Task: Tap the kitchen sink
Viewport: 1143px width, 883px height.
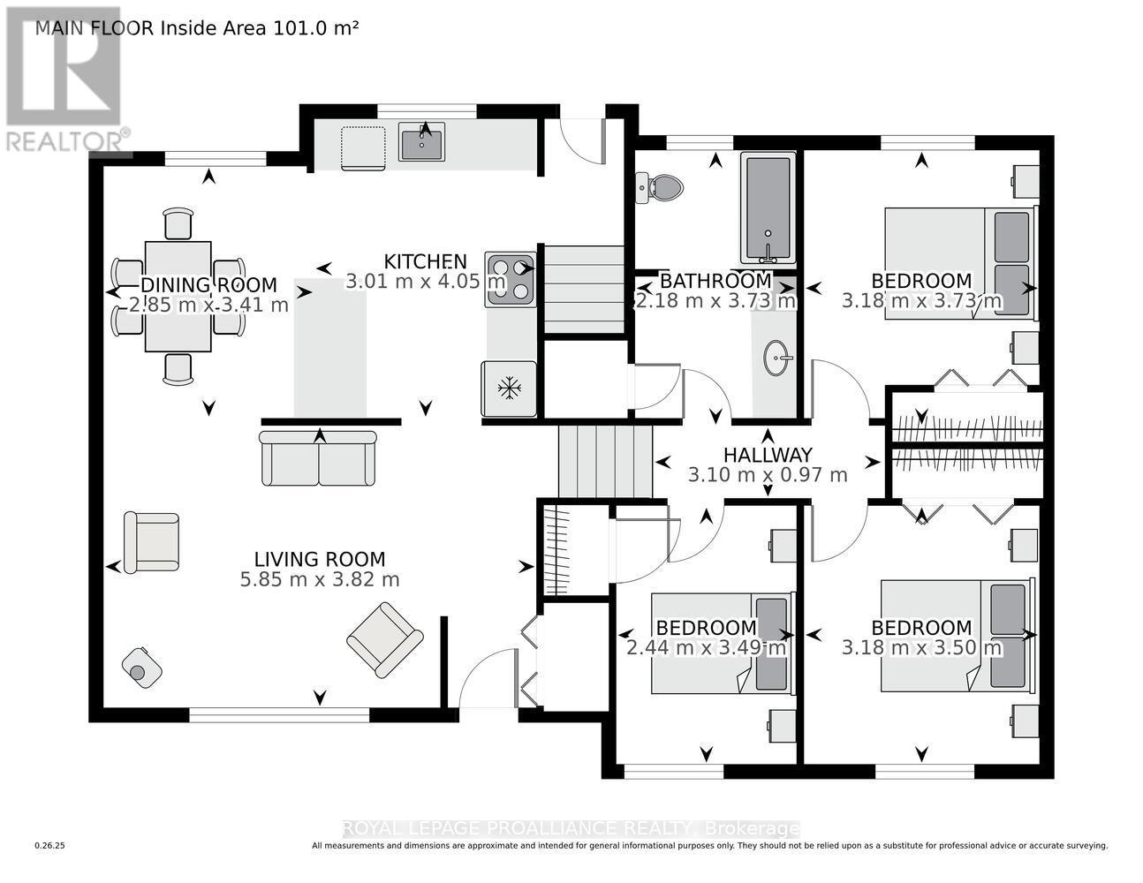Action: (x=422, y=142)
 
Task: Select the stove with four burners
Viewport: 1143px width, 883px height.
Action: (x=510, y=279)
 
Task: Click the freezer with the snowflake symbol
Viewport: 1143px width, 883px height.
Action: (x=508, y=389)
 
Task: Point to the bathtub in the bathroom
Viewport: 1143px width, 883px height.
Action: (x=768, y=208)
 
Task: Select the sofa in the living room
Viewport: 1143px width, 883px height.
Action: (x=318, y=458)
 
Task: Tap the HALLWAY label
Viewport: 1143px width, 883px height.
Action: (x=767, y=455)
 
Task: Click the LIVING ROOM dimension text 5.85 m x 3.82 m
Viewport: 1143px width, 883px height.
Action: (x=319, y=580)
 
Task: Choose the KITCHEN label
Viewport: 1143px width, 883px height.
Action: (x=425, y=261)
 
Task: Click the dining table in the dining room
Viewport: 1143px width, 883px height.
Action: (x=178, y=296)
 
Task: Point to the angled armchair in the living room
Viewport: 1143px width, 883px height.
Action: (x=384, y=638)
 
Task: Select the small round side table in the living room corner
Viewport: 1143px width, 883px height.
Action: (x=141, y=668)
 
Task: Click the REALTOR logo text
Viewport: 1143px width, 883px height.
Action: (x=67, y=141)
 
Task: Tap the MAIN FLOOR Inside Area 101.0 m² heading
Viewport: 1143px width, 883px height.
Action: (x=196, y=27)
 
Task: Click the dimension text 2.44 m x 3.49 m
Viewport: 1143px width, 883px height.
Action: (x=706, y=648)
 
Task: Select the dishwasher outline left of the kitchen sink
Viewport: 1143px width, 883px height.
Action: (x=364, y=146)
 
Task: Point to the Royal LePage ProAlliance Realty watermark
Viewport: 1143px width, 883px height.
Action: (x=571, y=828)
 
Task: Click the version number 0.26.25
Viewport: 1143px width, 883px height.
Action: (x=50, y=846)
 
